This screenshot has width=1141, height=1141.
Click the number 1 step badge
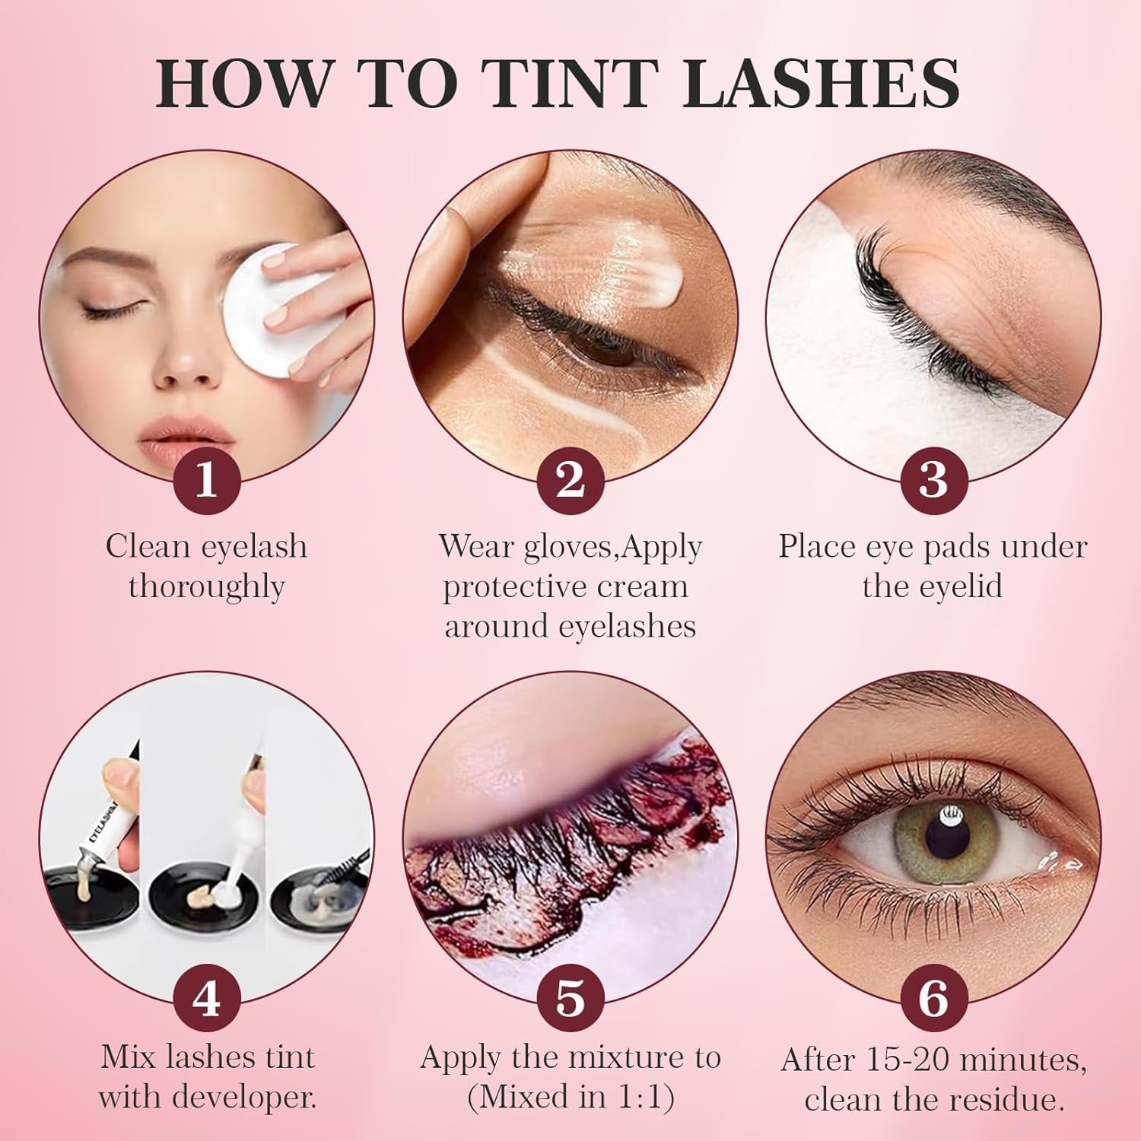(x=206, y=481)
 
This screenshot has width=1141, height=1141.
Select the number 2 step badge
(x=570, y=481)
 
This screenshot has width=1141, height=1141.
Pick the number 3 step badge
(x=933, y=481)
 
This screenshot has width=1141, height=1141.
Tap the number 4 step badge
(x=206, y=998)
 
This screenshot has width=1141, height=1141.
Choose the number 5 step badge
(x=570, y=998)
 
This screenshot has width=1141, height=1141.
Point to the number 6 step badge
(x=933, y=998)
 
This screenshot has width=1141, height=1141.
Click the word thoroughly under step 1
(x=206, y=587)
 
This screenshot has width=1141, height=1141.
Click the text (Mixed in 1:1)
(x=570, y=1098)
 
